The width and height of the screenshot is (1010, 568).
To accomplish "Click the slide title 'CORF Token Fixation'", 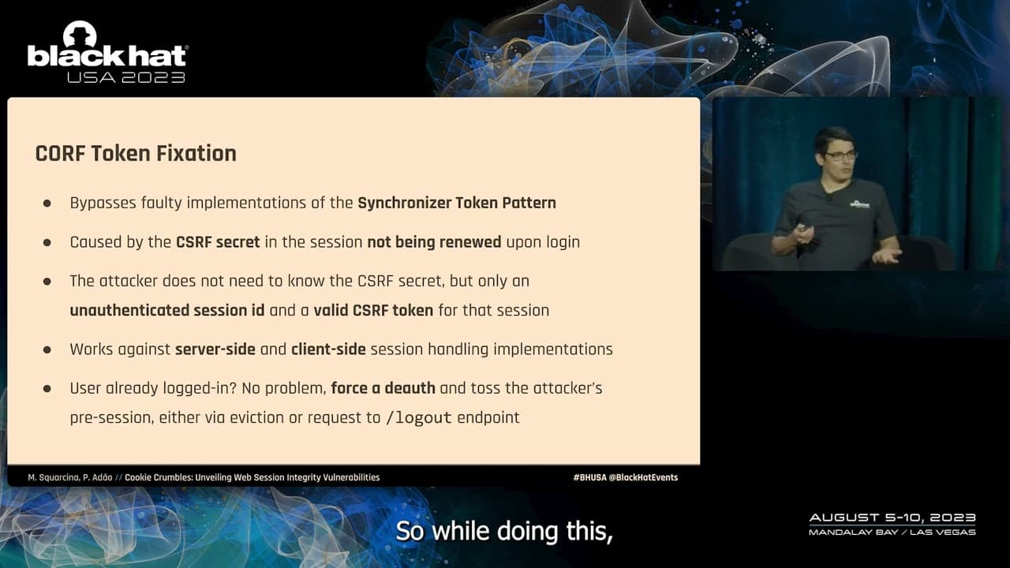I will coord(136,153).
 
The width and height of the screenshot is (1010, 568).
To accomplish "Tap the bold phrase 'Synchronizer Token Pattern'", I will coord(456,203).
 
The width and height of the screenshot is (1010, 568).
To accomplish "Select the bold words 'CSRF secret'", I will coord(218,242).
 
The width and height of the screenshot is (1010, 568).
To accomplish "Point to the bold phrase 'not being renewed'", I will coord(434,242).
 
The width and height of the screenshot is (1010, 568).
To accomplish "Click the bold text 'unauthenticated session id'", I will coord(167,310).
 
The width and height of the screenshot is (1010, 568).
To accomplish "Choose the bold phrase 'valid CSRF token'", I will coord(373,310).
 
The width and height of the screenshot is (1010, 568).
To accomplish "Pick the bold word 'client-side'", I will coord(328,349).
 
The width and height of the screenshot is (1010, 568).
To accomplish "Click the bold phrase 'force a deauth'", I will coord(383,388).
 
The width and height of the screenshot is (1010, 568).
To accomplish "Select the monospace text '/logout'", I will coord(418,418).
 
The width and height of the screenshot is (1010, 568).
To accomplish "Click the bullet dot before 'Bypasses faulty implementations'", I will coord(47,204).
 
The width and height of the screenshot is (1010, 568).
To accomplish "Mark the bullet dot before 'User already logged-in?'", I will coord(47,389).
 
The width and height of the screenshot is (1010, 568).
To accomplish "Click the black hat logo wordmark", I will coord(107,55).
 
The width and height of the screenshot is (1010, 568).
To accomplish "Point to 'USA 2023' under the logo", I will coord(126,77).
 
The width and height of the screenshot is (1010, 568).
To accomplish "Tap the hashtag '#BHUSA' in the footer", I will coord(589,477).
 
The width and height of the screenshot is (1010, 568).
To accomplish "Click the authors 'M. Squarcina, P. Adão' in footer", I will coord(69,477).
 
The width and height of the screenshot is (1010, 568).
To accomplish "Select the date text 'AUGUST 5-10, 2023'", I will coord(892,518).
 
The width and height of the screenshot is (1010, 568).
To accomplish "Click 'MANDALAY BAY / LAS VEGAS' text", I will coord(892,532).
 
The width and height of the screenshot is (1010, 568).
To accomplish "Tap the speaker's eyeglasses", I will coord(841,155).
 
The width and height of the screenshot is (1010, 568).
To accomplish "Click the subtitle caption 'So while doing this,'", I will coord(504,531).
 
